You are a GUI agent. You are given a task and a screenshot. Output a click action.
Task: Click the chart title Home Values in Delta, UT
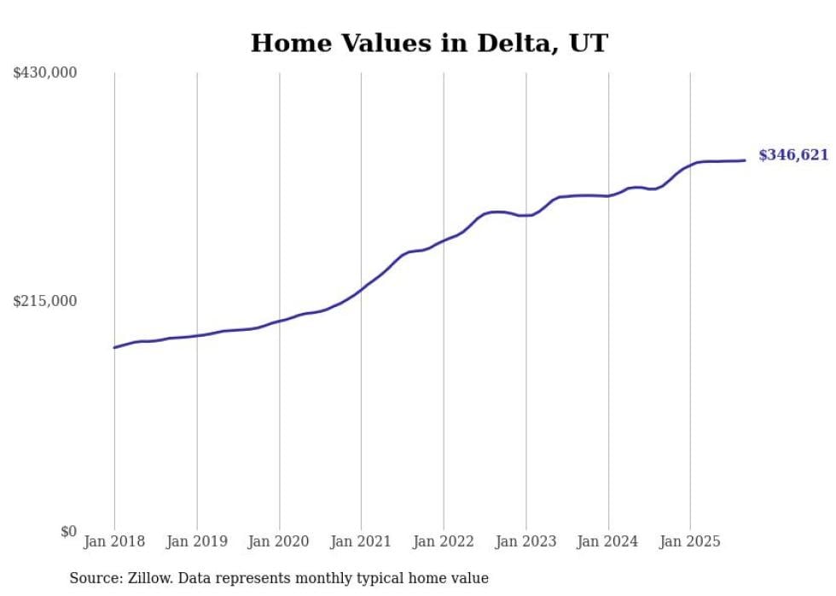(x=429, y=43)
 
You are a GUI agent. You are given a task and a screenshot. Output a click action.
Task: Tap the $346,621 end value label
(x=792, y=155)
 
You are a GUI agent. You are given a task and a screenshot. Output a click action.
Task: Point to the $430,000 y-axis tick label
(x=45, y=73)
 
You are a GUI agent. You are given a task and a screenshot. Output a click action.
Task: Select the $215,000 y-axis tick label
(x=45, y=301)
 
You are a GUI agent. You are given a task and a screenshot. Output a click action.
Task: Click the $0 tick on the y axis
(x=68, y=532)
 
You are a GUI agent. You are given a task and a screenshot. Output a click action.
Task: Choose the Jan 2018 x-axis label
(x=114, y=541)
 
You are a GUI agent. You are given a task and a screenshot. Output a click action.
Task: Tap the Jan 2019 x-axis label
(x=197, y=541)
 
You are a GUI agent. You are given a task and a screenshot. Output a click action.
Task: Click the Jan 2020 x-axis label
(x=279, y=541)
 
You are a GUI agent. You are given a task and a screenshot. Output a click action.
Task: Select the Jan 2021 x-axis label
(x=361, y=541)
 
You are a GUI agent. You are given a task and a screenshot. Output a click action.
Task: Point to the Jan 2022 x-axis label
(x=444, y=541)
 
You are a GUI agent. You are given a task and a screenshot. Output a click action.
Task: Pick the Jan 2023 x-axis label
(x=525, y=541)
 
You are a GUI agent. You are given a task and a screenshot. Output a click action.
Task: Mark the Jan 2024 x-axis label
(x=607, y=541)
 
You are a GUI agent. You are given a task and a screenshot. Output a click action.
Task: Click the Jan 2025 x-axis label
(x=690, y=541)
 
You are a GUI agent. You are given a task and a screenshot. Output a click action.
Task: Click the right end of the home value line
(x=745, y=160)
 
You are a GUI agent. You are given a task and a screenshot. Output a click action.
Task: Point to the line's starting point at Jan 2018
(x=114, y=347)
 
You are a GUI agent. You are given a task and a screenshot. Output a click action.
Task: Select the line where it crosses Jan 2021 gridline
(x=361, y=289)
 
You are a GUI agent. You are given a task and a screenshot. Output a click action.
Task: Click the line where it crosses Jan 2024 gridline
(x=608, y=196)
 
